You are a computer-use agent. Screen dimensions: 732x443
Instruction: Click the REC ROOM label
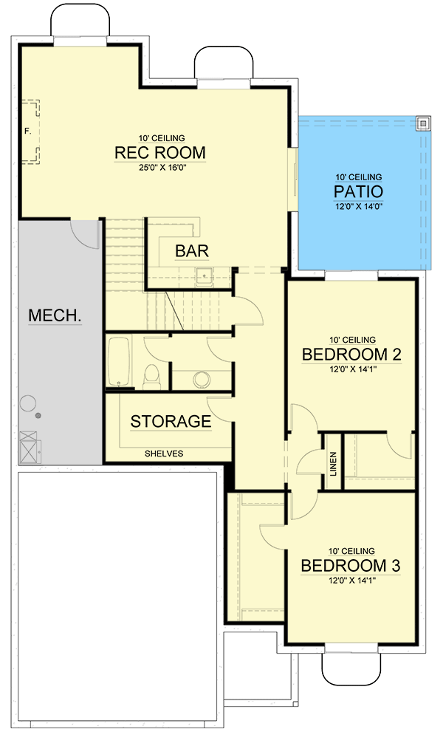pyautogui.click(x=159, y=153)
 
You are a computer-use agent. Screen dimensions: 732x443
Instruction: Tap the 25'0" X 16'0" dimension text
pyautogui.click(x=159, y=168)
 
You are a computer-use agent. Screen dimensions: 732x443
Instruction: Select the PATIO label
pyautogui.click(x=359, y=192)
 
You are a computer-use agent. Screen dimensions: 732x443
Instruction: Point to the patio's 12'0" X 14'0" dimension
pyautogui.click(x=359, y=208)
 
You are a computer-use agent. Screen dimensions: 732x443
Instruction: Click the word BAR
pyautogui.click(x=191, y=251)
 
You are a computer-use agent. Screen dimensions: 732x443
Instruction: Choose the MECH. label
pyautogui.click(x=55, y=316)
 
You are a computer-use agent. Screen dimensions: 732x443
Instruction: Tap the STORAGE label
pyautogui.click(x=171, y=422)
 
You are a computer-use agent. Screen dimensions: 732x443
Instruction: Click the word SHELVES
pyautogui.click(x=163, y=454)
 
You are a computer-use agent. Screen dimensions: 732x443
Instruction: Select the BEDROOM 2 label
pyautogui.click(x=351, y=355)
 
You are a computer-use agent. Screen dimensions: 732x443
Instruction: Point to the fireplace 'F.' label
pyautogui.click(x=27, y=131)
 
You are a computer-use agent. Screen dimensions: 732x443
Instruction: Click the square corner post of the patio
pyautogui.click(x=423, y=123)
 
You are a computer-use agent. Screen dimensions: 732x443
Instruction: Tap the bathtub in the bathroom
pyautogui.click(x=119, y=362)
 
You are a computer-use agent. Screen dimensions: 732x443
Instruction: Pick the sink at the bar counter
pyautogui.click(x=204, y=278)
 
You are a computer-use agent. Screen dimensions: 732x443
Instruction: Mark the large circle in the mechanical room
pyautogui.click(x=28, y=403)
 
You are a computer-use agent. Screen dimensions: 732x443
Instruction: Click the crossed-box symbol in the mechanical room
pyautogui.click(x=30, y=447)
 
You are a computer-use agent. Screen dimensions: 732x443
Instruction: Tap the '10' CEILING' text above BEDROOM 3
pyautogui.click(x=351, y=551)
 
